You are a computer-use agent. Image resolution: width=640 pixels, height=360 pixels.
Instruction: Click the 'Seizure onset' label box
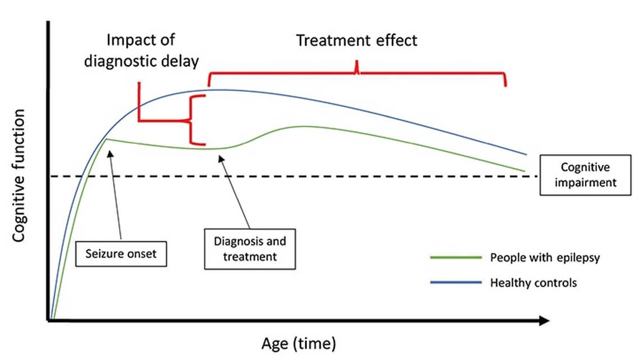(x=121, y=254)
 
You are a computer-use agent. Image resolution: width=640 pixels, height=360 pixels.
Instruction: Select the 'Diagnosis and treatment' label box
(x=250, y=249)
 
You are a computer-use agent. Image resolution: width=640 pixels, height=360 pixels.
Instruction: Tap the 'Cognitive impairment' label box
(x=585, y=175)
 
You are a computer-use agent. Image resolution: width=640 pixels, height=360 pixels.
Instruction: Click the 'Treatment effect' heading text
(x=357, y=40)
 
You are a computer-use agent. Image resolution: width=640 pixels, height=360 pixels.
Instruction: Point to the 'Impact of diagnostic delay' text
(x=141, y=51)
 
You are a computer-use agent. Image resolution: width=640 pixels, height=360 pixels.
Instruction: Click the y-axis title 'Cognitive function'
(x=19, y=176)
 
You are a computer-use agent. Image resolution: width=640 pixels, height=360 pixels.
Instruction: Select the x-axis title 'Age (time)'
(x=298, y=343)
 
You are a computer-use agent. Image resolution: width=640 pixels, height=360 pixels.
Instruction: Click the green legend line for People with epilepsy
(x=456, y=258)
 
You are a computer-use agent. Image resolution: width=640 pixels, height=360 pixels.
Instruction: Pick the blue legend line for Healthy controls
(x=456, y=283)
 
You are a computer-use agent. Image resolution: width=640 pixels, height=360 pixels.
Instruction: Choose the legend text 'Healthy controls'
(x=534, y=283)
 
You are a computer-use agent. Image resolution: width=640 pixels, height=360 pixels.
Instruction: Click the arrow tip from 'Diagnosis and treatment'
(x=220, y=158)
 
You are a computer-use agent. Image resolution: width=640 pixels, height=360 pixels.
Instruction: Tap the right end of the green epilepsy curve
(x=524, y=171)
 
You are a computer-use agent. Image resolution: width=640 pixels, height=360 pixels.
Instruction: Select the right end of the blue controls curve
(x=526, y=154)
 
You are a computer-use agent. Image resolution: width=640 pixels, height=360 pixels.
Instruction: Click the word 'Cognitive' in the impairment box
(x=585, y=168)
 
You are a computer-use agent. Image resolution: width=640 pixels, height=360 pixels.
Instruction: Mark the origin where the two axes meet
(x=50, y=321)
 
